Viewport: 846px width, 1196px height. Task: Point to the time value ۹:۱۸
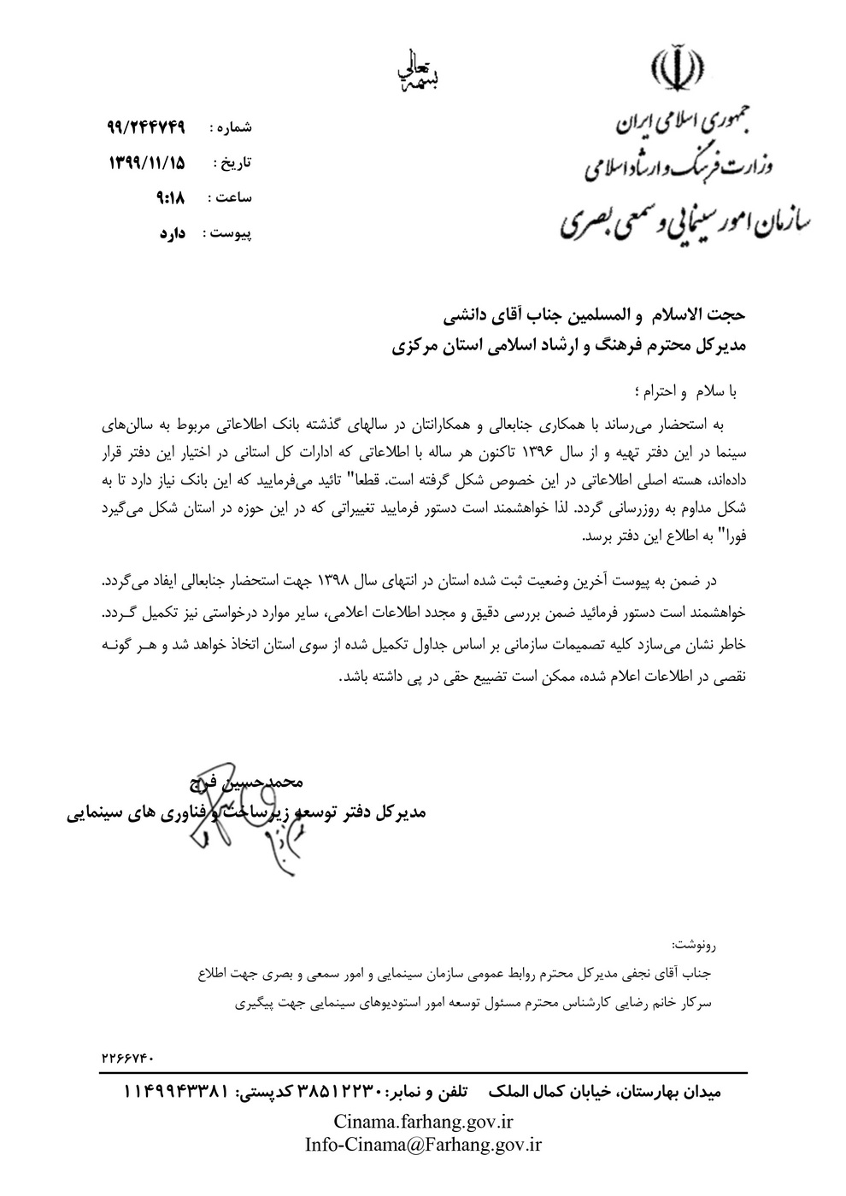[x=171, y=197]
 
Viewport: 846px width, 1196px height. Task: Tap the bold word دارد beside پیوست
[x=173, y=232]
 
